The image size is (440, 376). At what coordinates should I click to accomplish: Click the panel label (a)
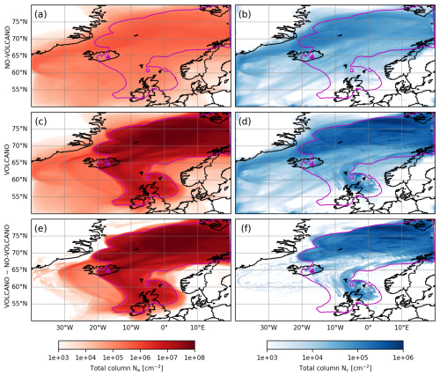tap(40, 14)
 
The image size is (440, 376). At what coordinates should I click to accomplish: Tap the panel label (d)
tap(245, 122)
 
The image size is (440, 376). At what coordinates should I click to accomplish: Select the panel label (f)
tap(244, 228)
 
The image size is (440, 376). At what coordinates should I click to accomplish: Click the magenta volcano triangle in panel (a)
tap(108, 56)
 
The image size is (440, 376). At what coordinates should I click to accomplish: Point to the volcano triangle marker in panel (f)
tap(312, 270)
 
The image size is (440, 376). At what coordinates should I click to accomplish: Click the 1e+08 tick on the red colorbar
tap(194, 358)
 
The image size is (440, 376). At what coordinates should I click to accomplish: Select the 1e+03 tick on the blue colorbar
tap(267, 358)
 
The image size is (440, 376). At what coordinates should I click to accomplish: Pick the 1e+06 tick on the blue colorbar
tap(403, 358)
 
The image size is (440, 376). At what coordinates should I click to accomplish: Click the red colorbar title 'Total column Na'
tap(127, 368)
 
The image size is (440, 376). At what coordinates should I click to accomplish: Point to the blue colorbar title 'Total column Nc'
tap(335, 368)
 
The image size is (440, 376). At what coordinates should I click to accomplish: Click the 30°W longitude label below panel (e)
tap(64, 327)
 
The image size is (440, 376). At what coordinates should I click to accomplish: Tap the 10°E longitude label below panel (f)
tap(402, 327)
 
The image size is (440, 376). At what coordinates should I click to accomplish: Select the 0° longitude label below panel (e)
tap(164, 327)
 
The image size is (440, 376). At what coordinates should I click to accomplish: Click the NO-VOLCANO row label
tap(7, 48)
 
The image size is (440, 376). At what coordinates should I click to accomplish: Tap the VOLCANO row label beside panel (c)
tap(7, 162)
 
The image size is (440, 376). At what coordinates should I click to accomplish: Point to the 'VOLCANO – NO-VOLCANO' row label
tap(7, 267)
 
